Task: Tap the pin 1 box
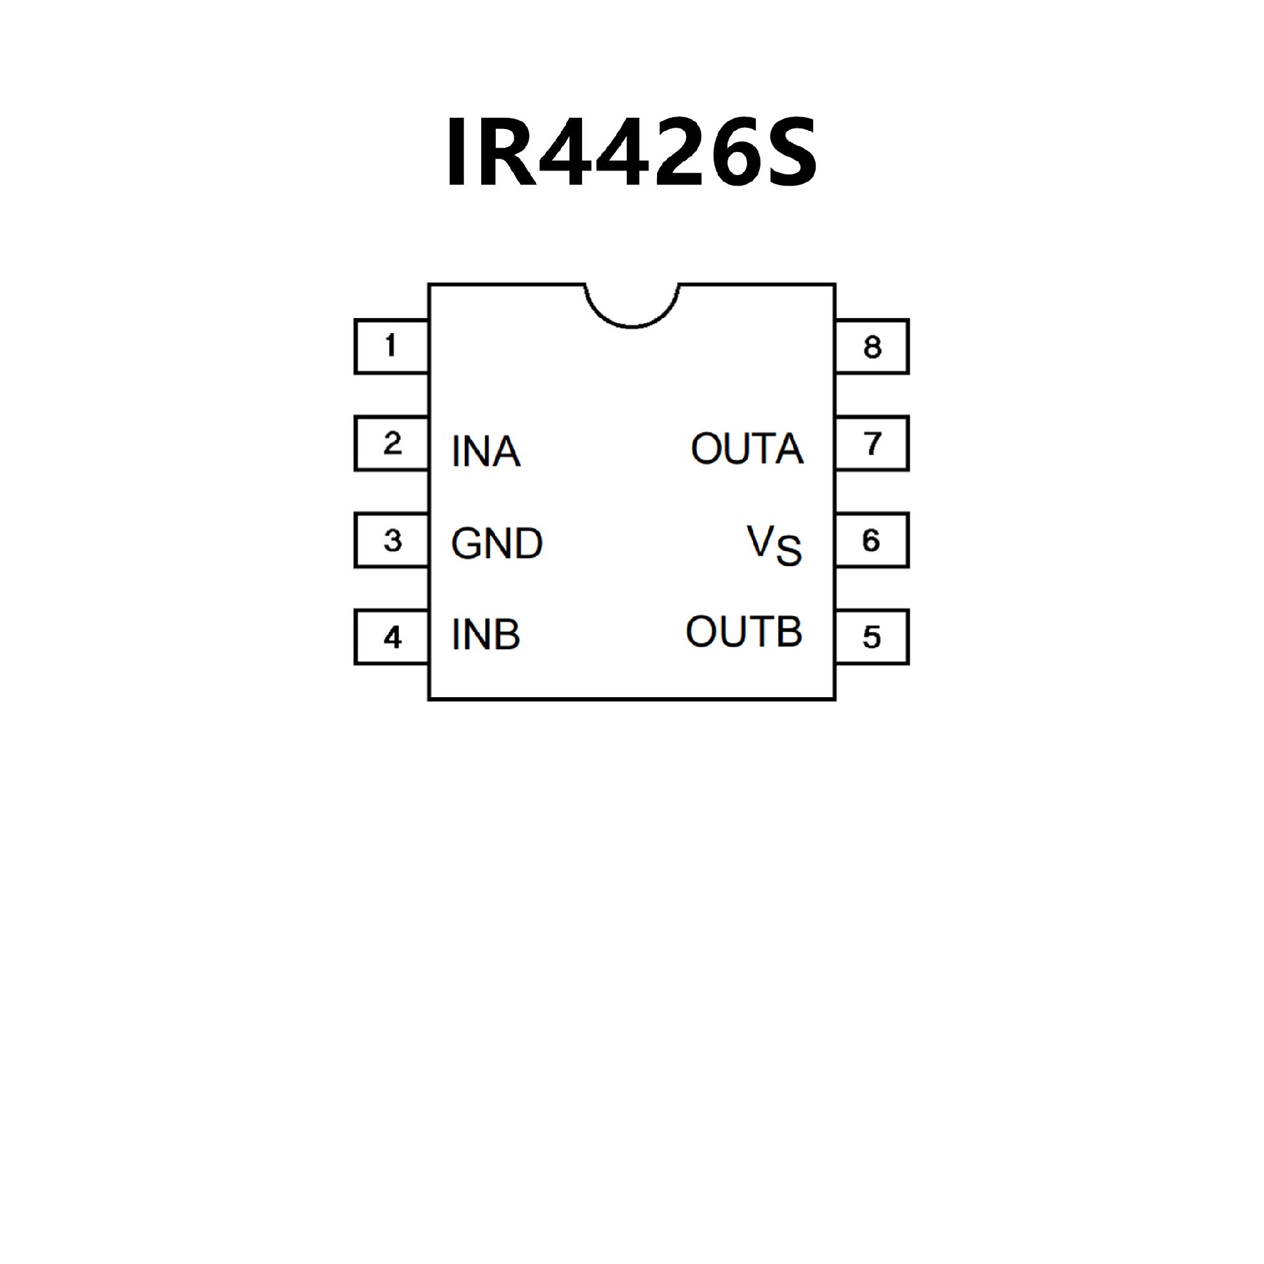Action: coord(391,346)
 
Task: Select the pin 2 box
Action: coord(391,443)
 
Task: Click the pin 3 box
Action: coord(391,540)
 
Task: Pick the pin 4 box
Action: coord(391,637)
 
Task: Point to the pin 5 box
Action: coord(872,637)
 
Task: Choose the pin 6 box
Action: coord(872,540)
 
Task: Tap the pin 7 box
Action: coord(872,443)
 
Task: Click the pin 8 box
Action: coord(872,346)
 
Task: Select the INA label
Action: coord(486,452)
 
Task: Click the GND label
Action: coord(496,544)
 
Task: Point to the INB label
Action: coord(486,635)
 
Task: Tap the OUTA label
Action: coord(747,449)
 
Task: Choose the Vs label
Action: coord(774,545)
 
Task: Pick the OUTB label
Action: coord(744,632)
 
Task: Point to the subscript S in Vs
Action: coord(789,552)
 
